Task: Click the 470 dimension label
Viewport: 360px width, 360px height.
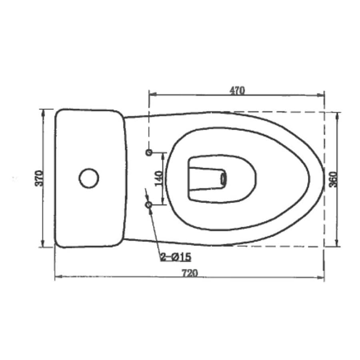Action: point(237,90)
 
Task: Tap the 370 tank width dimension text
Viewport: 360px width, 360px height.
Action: point(39,178)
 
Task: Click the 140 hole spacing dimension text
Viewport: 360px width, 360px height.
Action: point(158,178)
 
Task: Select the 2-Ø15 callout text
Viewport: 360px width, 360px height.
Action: point(176,257)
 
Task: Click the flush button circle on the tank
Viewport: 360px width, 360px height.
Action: point(89,178)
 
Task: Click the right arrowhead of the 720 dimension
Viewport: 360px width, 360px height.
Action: point(321,277)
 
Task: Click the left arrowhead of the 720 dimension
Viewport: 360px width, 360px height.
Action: point(58,277)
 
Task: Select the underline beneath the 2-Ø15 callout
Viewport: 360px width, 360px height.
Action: point(176,262)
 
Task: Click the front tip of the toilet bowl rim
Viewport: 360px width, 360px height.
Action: point(324,178)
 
